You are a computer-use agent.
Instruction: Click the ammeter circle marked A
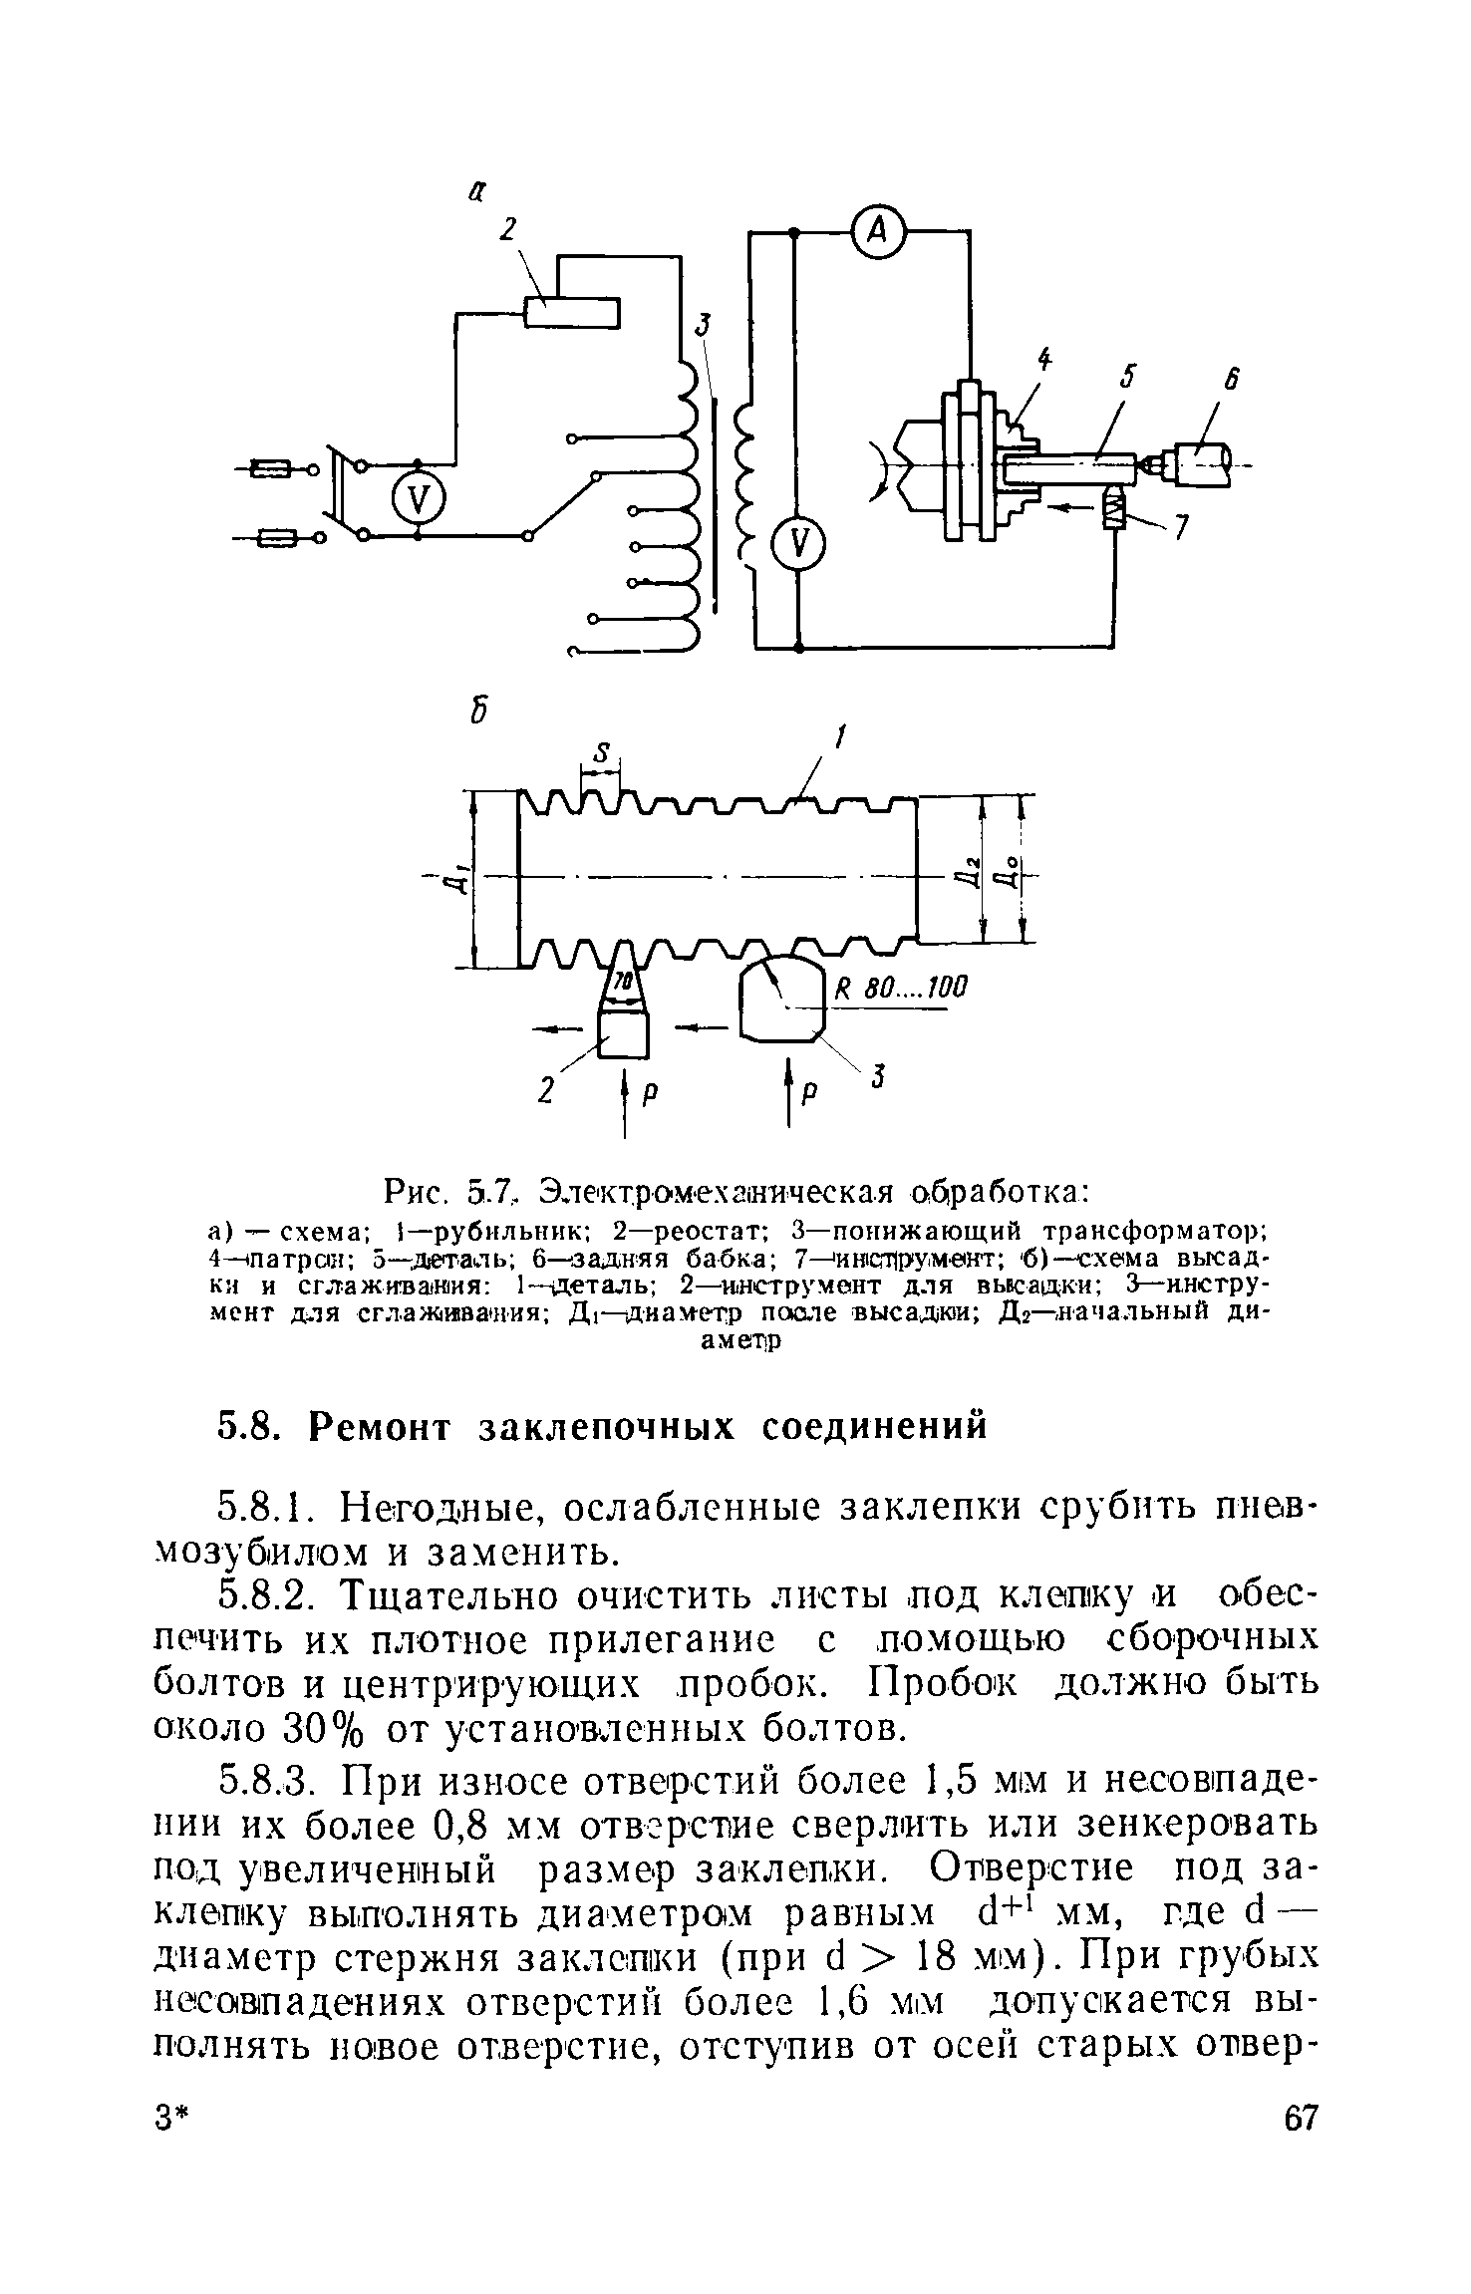coord(878,231)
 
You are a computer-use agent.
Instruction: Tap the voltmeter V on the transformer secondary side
coord(797,545)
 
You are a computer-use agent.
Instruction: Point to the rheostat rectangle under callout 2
coord(572,313)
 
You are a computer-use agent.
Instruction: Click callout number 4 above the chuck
coord(1043,359)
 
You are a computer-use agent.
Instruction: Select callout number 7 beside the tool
coord(1182,530)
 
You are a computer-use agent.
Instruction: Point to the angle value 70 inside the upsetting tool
coord(622,982)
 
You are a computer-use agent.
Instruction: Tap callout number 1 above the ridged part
coord(839,737)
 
